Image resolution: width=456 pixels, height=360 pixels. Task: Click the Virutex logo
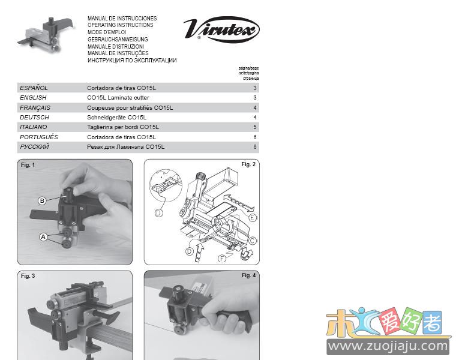221,29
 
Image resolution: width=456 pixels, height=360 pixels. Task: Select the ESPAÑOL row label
34,88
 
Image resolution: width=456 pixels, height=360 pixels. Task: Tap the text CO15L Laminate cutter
118,98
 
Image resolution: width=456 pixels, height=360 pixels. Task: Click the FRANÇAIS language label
35,107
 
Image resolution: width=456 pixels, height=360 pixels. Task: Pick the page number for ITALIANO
255,127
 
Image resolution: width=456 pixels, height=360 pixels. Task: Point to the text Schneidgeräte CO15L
116,118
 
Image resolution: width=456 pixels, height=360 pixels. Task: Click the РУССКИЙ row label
34,147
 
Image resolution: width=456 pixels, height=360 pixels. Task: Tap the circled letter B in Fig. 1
42,200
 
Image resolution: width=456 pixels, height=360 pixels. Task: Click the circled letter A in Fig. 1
43,237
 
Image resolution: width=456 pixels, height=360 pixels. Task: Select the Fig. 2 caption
248,164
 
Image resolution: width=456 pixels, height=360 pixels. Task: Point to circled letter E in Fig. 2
253,218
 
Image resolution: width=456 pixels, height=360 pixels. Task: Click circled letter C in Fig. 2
253,241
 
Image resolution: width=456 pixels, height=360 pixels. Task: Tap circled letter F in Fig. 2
222,259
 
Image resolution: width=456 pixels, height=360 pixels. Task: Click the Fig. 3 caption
28,275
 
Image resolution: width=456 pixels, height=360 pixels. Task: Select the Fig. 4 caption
248,275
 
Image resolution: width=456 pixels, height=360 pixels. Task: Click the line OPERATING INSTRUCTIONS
121,25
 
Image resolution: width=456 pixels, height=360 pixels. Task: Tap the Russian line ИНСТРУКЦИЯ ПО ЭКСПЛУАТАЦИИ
132,61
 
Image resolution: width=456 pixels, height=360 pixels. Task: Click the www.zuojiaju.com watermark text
388,346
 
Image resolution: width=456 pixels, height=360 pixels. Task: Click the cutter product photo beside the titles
46,35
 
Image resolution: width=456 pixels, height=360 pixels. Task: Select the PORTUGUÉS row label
38,137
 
